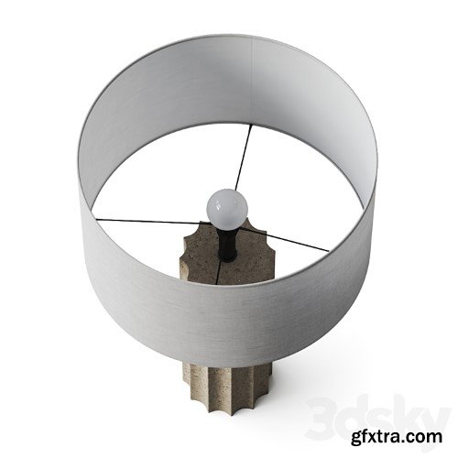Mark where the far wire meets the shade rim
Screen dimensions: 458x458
pyautogui.click(x=250, y=125)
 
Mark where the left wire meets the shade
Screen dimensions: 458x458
pyautogui.click(x=97, y=218)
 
